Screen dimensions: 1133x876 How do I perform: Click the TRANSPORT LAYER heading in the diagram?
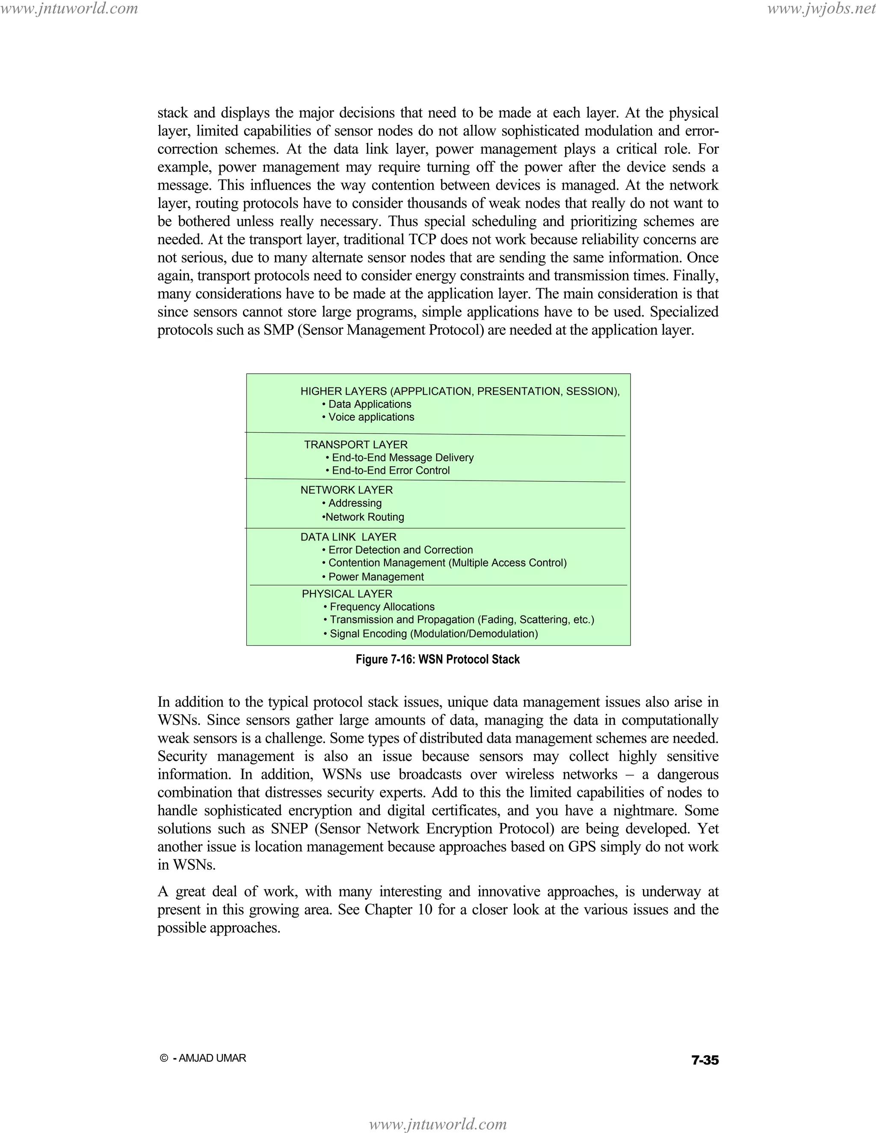tap(355, 445)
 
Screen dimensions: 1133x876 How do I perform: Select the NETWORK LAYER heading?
tap(346, 490)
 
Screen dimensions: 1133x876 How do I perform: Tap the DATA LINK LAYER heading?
tap(348, 537)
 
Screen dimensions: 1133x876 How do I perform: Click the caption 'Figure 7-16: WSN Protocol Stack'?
tap(438, 659)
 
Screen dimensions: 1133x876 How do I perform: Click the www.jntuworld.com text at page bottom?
tap(438, 1124)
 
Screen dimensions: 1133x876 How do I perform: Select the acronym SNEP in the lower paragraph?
tap(290, 829)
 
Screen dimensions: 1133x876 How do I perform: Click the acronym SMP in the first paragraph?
tap(279, 330)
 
